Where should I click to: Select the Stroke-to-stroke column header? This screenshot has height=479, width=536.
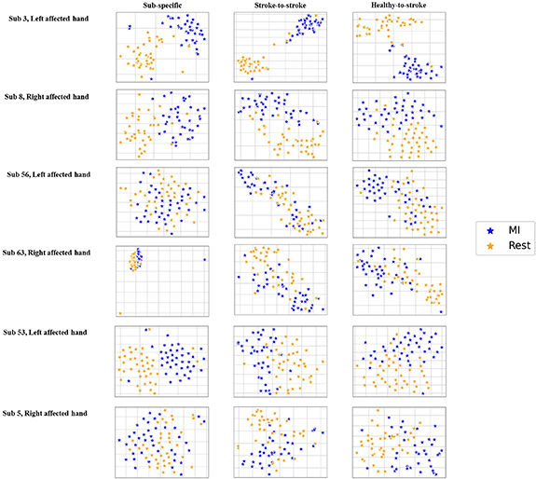(277, 7)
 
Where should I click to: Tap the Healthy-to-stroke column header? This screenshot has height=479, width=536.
(396, 7)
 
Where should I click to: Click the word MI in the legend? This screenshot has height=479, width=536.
(511, 228)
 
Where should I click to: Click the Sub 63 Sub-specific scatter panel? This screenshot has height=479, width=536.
(162, 280)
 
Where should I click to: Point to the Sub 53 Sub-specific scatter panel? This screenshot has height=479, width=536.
(162, 361)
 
